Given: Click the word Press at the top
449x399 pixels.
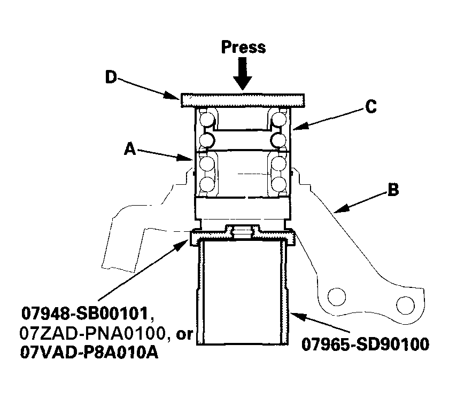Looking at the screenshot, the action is pos(243,47).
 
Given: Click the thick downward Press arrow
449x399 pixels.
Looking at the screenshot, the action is pos(243,74).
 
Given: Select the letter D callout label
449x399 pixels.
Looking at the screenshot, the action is pos(111,77).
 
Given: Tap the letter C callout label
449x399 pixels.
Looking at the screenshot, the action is pos(371,107).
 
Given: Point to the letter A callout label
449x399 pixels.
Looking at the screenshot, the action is pos(130,149).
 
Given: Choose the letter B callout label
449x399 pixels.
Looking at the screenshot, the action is pos(393,190).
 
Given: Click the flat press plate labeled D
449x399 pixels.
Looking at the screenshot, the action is pos(243,100).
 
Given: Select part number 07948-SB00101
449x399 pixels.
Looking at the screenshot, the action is pos(85,313).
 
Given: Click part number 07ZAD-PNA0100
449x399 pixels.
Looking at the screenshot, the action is pos(93,333).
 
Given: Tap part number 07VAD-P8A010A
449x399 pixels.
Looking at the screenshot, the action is pos(89,353).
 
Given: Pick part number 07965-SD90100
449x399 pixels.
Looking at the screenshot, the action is pos(366,344).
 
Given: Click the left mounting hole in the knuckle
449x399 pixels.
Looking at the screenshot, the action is pos(336,297).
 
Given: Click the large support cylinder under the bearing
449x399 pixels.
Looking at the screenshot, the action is pos(243,292).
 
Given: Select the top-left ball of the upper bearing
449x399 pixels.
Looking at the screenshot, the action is pos(207,119).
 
